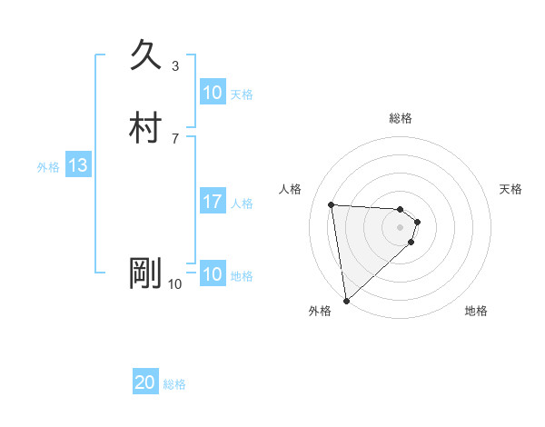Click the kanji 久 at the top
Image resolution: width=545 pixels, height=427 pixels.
pyautogui.click(x=146, y=55)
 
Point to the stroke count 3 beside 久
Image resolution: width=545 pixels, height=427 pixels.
pyautogui.click(x=175, y=65)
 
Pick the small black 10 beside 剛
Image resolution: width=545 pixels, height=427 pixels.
pyautogui.click(x=174, y=283)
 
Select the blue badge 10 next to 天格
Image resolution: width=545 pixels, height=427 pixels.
pyautogui.click(x=212, y=93)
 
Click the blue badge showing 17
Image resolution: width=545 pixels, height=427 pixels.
pyautogui.click(x=212, y=202)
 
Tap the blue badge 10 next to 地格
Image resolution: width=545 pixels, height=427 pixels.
pyautogui.click(x=212, y=274)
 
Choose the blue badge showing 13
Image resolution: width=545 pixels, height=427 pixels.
pyautogui.click(x=77, y=165)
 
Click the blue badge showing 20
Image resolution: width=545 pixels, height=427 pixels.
pyautogui.click(x=144, y=383)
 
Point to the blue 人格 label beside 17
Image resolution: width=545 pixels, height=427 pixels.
pyautogui.click(x=243, y=203)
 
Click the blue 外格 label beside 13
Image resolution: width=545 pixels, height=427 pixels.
pyautogui.click(x=48, y=166)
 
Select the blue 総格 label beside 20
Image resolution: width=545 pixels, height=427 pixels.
pyautogui.click(x=174, y=384)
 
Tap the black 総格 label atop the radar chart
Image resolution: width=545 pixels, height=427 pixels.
pyautogui.click(x=401, y=118)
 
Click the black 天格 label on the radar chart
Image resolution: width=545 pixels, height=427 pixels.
pyautogui.click(x=511, y=189)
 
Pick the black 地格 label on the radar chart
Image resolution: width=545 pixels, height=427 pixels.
pyautogui.click(x=476, y=311)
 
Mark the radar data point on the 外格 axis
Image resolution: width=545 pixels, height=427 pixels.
pyautogui.click(x=345, y=300)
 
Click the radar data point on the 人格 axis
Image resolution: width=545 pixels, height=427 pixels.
pyautogui.click(x=332, y=204)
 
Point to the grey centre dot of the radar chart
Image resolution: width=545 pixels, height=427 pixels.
pyautogui.click(x=401, y=227)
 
